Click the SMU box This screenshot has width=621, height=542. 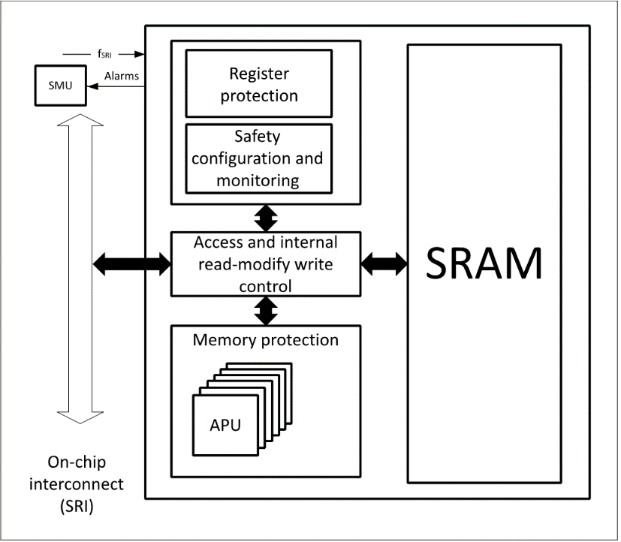click(60, 86)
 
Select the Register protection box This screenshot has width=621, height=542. click(259, 84)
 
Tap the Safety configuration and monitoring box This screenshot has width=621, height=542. click(259, 158)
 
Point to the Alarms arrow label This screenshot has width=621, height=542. click(120, 76)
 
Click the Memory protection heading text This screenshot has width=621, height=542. click(266, 339)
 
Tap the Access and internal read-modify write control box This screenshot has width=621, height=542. click(266, 264)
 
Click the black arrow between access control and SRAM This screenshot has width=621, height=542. click(384, 263)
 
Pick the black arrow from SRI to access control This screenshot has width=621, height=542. click(131, 263)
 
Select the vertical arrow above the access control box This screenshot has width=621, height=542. click(266, 218)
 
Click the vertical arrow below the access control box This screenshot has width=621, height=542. click(266, 310)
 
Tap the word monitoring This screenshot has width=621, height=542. click(258, 181)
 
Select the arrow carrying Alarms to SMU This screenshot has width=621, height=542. click(116, 86)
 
